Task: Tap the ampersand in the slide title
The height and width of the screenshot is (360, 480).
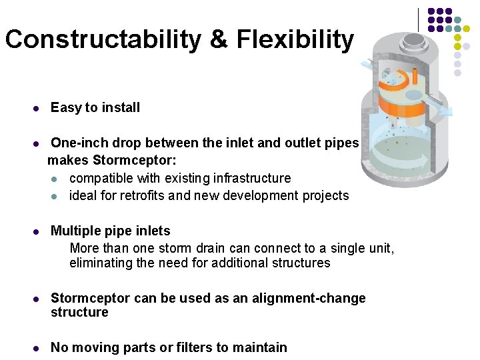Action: click(x=218, y=40)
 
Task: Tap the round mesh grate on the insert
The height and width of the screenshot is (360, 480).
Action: click(x=414, y=95)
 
